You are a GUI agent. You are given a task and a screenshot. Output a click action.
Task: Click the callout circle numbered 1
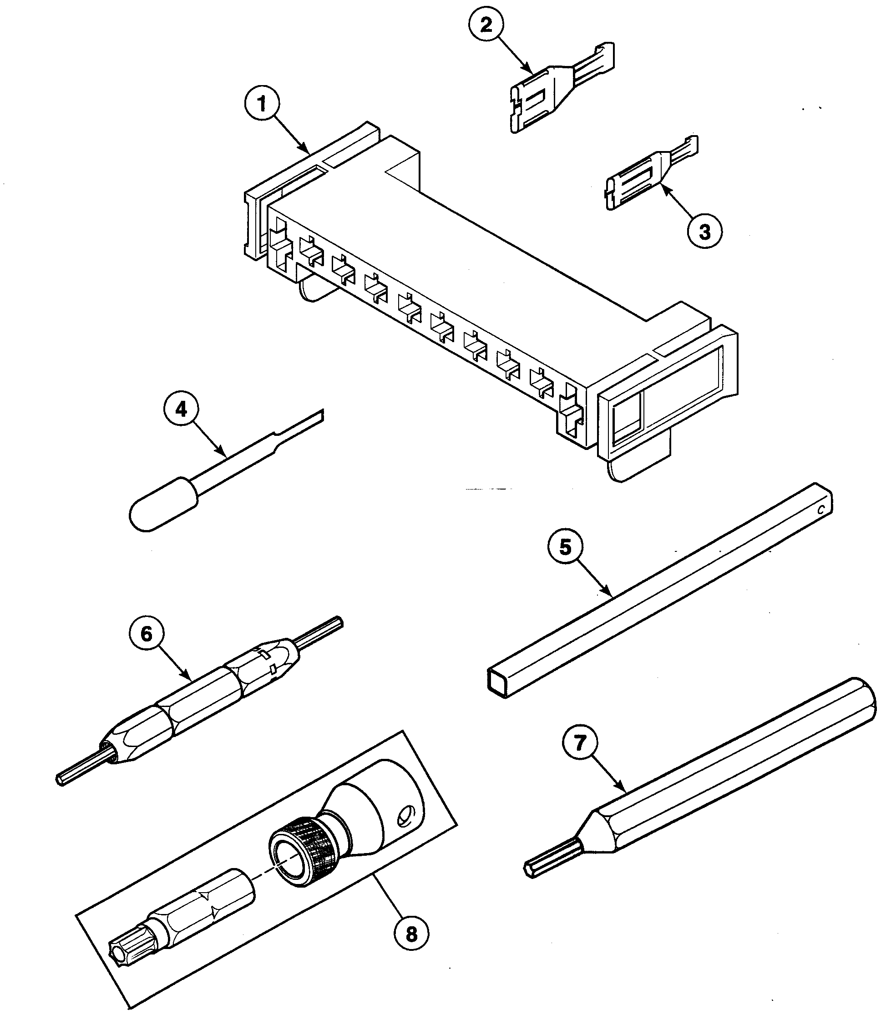(262, 104)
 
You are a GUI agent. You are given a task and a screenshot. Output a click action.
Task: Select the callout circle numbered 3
(704, 232)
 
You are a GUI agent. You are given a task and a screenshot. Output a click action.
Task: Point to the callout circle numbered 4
(182, 409)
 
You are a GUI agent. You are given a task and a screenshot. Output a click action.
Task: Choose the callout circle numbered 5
(566, 547)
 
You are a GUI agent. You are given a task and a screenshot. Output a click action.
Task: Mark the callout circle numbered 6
(147, 634)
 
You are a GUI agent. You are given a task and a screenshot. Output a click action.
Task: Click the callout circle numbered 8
(412, 934)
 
